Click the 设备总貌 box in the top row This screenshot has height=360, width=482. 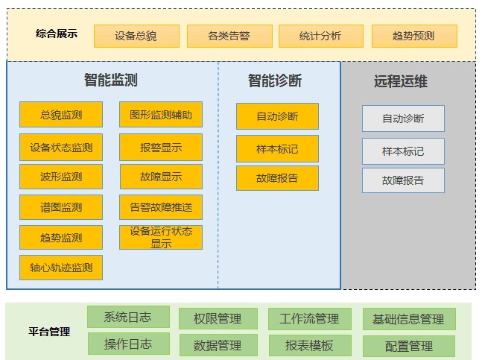tap(136, 36)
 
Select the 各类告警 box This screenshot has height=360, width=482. tap(229, 36)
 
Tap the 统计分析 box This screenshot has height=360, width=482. tap(320, 36)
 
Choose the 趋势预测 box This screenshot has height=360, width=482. tap(413, 36)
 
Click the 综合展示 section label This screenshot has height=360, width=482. tap(56, 34)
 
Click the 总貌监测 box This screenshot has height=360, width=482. tap(61, 115)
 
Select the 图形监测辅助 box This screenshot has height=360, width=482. tap(161, 115)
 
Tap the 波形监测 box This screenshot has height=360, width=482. tap(61, 177)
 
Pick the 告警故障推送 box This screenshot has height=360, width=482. tap(161, 207)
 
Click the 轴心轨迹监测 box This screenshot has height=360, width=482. tap(61, 268)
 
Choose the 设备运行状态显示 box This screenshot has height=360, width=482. tap(161, 238)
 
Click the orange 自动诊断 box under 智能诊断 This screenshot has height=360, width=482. tap(277, 116)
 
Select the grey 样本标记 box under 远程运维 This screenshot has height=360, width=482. tap(403, 151)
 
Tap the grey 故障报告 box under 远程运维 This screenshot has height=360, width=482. tap(403, 181)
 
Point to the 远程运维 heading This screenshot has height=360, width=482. tap(400, 81)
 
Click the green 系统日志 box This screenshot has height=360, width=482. tap(128, 317)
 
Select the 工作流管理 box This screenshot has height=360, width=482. tap(309, 319)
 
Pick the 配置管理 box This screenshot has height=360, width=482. tap(408, 347)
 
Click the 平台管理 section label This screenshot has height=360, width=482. tap(50, 332)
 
